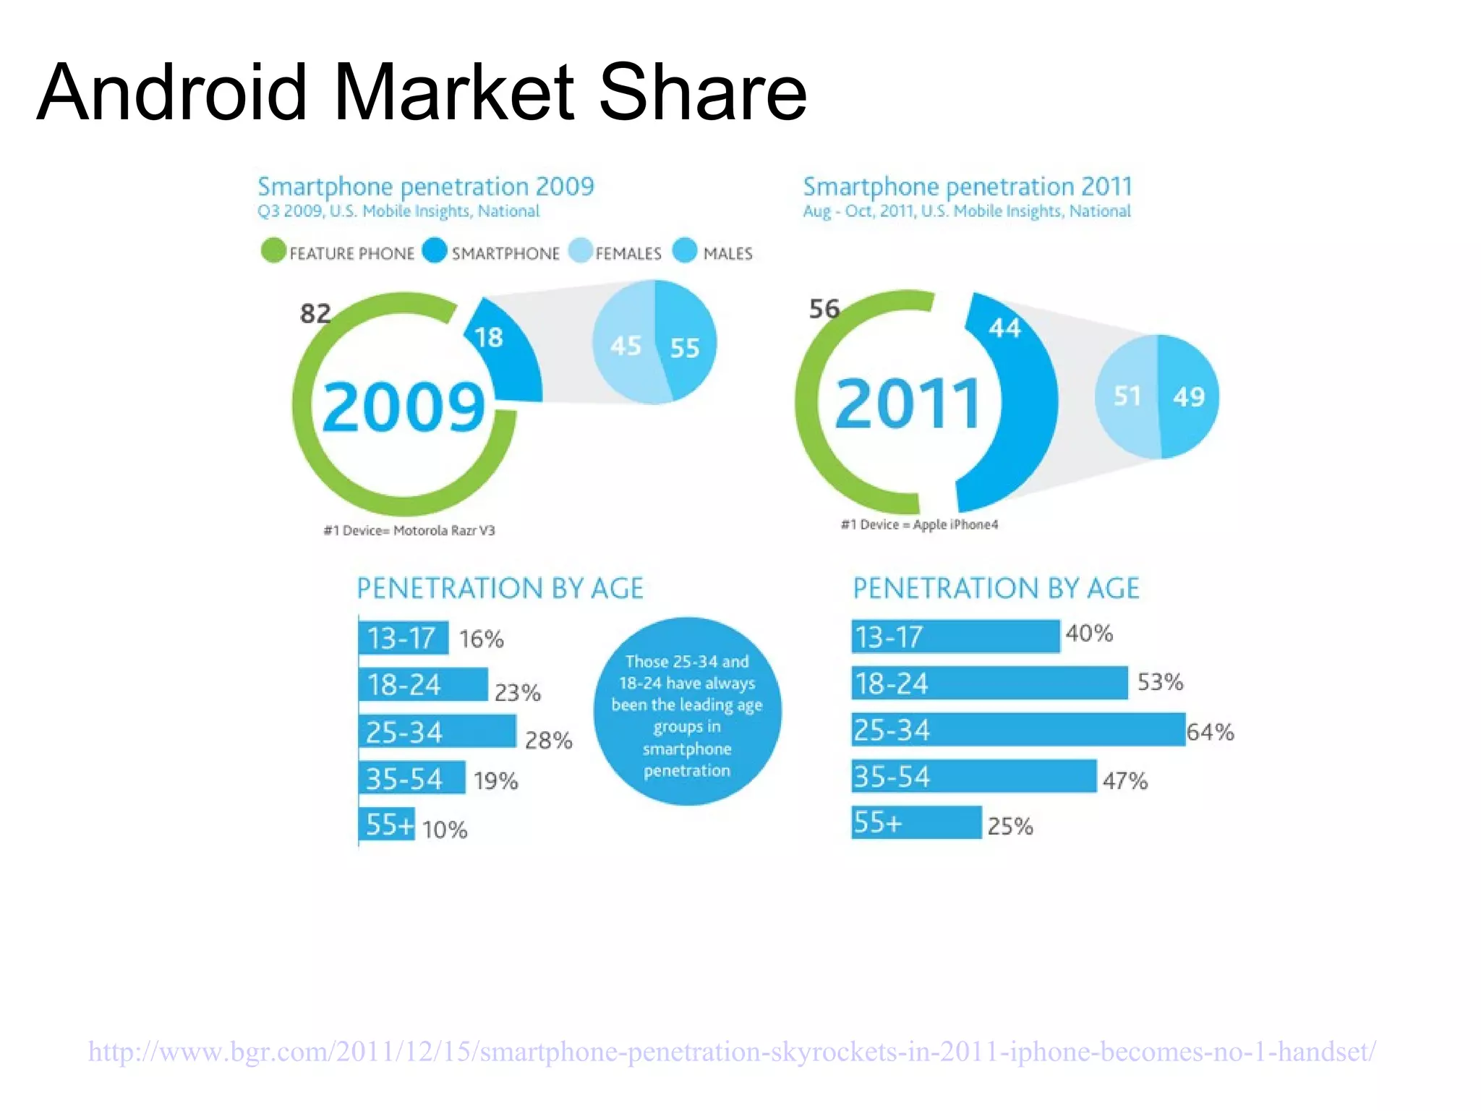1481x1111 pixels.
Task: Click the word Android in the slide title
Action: point(172,93)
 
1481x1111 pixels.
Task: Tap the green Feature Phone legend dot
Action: point(273,251)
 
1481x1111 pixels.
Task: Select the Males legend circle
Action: point(684,251)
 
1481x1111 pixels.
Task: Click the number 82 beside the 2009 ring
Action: point(315,313)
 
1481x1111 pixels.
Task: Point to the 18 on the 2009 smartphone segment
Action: point(489,337)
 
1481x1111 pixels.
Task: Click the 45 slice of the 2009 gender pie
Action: point(626,346)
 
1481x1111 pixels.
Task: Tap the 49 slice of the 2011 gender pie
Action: point(1189,396)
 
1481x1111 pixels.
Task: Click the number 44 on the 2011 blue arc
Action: point(1004,328)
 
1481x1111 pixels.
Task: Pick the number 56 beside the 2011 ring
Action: point(824,309)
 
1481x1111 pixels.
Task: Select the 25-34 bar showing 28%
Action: point(437,731)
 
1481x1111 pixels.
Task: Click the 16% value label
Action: point(481,639)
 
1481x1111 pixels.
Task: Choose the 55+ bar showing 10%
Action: point(387,825)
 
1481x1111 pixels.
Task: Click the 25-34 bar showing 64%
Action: point(1017,730)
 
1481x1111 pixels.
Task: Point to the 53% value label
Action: point(1160,681)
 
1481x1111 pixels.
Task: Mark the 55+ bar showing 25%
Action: point(916,822)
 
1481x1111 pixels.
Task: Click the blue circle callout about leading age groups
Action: point(687,712)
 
